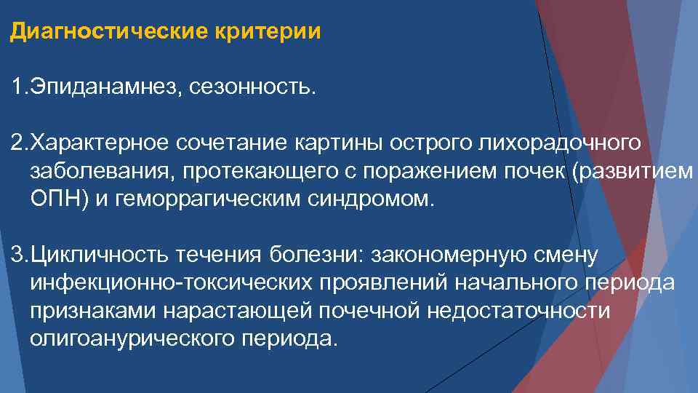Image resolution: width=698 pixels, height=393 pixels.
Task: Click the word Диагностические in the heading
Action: pos(108,33)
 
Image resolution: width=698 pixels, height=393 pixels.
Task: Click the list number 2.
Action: pos(17,143)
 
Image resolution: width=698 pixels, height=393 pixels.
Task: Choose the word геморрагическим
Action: pos(201,199)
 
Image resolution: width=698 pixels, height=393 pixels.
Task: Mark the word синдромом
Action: pos(364,199)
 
